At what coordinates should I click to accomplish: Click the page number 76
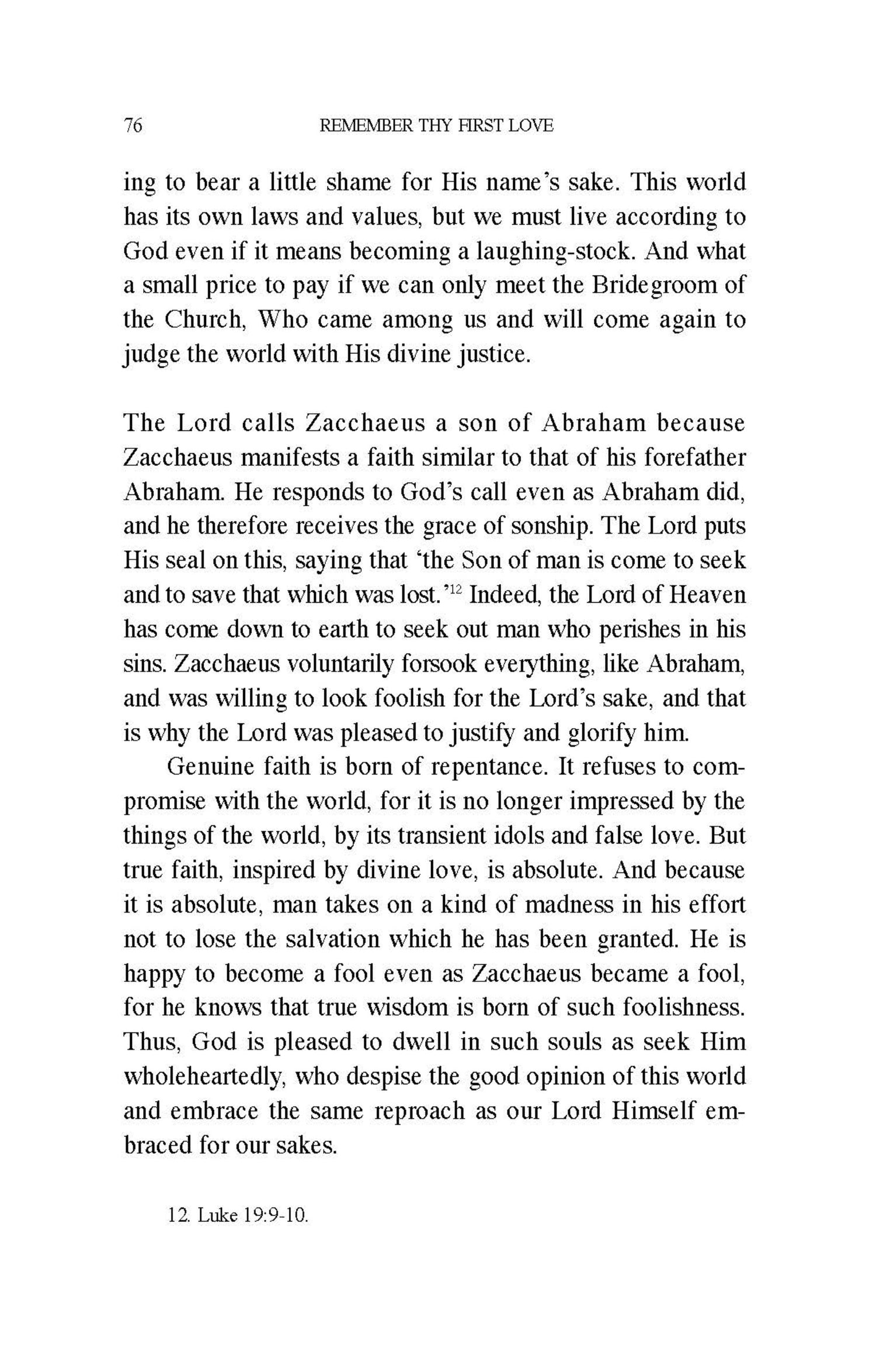click(133, 126)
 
